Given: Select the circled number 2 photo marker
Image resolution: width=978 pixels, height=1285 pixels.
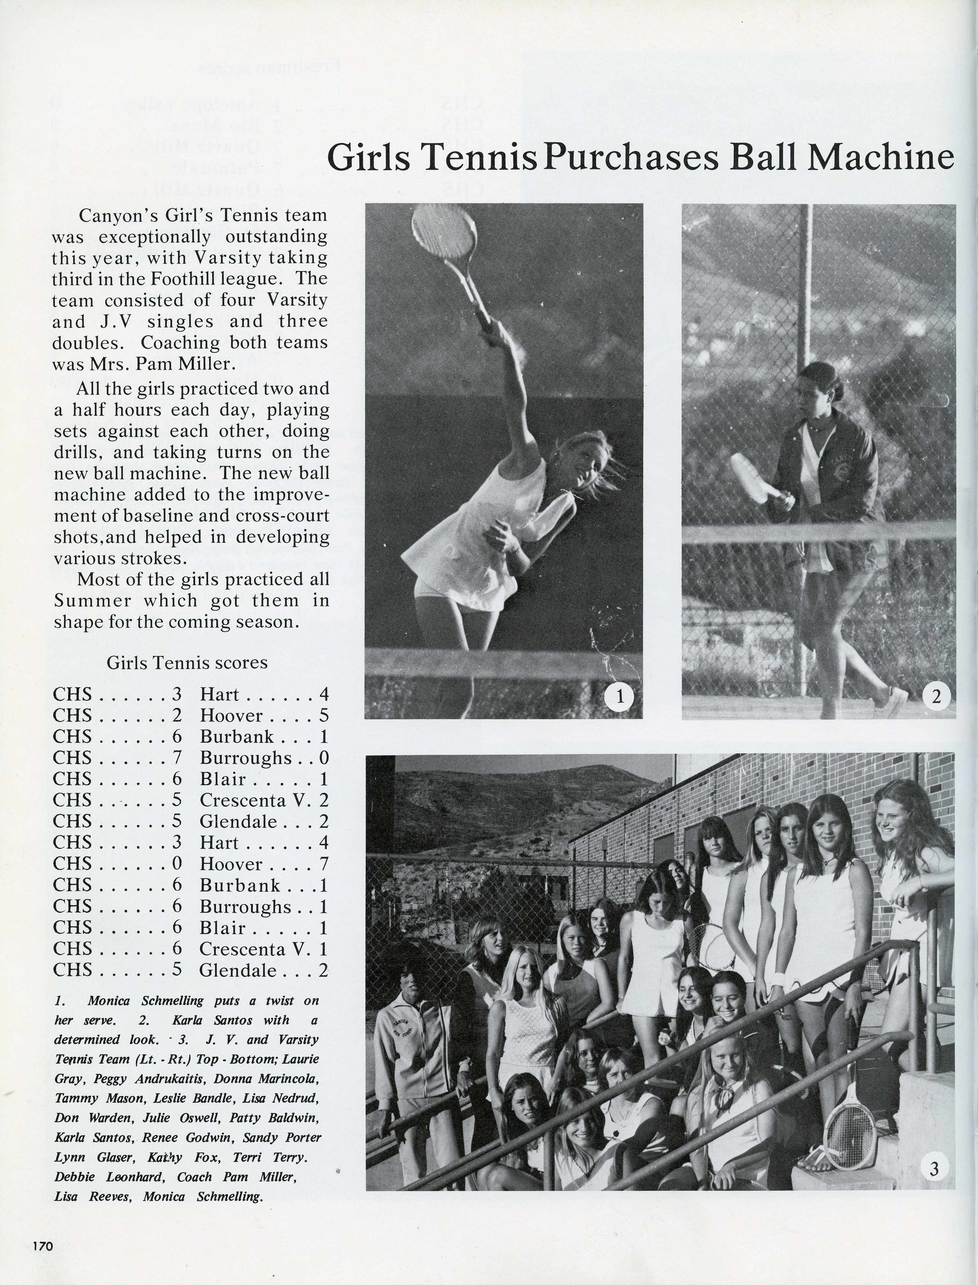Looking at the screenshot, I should [936, 697].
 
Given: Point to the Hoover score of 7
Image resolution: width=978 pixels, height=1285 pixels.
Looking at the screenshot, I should [324, 864].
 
